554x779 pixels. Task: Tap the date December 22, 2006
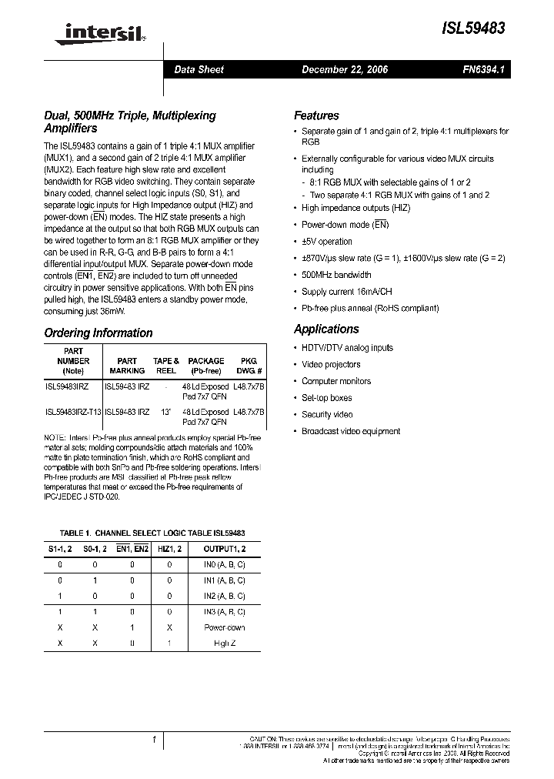coord(345,69)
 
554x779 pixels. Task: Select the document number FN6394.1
coord(483,69)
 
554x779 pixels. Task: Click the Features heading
coord(316,115)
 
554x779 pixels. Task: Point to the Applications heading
coord(326,329)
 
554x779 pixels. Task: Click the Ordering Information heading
coord(98,333)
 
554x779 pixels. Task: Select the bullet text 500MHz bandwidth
coord(336,275)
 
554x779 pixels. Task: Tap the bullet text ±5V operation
coord(327,242)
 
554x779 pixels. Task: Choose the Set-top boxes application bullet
coord(326,398)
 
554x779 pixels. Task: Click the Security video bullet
coord(327,415)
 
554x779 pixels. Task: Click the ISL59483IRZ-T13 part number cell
coord(73,413)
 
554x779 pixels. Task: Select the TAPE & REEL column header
coord(165,366)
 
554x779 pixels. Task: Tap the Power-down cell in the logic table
coord(225,627)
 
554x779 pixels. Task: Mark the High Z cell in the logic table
coord(225,643)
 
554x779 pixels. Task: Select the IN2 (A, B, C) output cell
coord(225,597)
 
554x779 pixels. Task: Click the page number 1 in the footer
coord(155,740)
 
